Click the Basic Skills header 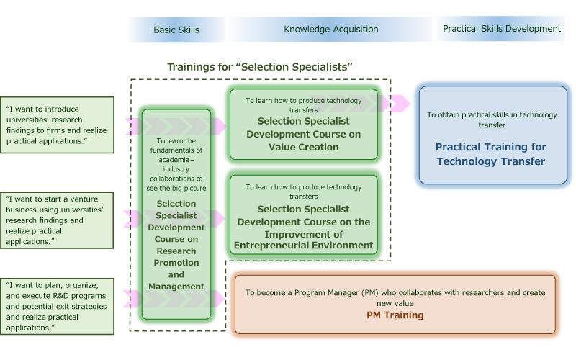[x=176, y=30]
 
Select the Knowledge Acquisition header [x=331, y=30]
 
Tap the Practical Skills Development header [x=502, y=29]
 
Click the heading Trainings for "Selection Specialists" [x=260, y=67]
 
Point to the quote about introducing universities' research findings [x=57, y=125]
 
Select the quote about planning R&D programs [x=57, y=307]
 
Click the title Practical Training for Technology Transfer [x=491, y=154]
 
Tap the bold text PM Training [x=395, y=315]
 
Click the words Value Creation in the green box [x=303, y=148]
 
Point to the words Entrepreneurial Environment [x=303, y=246]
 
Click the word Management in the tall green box [x=176, y=287]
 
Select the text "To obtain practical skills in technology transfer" [x=492, y=120]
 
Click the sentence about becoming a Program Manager [x=395, y=298]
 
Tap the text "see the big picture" [x=176, y=189]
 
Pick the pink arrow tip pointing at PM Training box [x=225, y=299]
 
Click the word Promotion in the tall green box [x=176, y=263]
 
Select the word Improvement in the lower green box [x=303, y=235]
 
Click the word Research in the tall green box [x=176, y=251]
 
